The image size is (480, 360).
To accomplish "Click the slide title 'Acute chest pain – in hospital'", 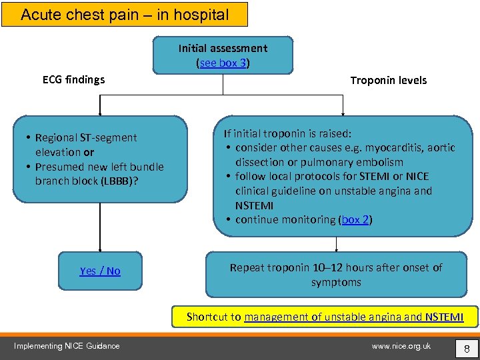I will pos(124,14).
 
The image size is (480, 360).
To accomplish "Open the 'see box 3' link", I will pos(223,63).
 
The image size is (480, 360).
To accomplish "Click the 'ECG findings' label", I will pos(73,79).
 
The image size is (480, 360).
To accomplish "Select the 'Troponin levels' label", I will pos(388,80).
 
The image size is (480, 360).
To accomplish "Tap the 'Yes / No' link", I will pos(100,271).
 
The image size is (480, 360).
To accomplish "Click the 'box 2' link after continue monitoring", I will pos(355,219).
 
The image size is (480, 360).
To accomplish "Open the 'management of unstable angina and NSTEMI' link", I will pos(353,317).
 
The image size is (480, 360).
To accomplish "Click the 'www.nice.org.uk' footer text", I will pos(401,345).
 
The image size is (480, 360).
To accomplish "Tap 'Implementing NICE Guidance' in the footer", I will pos(67,345).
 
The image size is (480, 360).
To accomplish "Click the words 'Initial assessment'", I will pos(223,48).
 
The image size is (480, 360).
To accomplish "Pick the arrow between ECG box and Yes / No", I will pos(100,227).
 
